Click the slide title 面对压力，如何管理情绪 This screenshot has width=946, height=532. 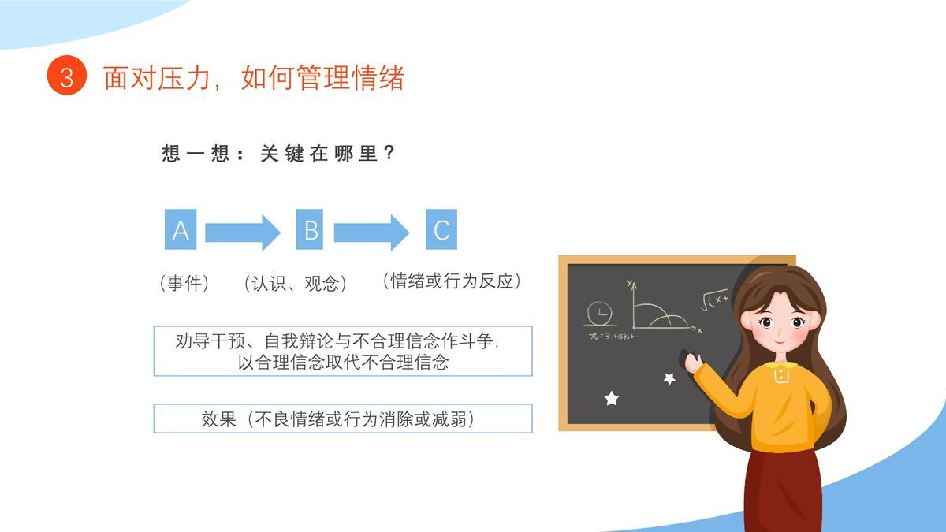point(253,78)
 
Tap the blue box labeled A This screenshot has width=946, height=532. point(181,229)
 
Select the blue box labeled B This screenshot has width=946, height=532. point(311,229)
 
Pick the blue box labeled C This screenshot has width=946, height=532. point(441,229)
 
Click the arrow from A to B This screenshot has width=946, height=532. point(242,233)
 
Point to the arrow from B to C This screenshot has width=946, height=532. point(371,233)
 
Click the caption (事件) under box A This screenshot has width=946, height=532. point(184,283)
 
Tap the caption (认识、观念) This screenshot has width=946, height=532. point(296,283)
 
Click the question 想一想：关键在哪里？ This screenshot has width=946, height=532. point(278,154)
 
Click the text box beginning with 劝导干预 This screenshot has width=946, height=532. point(342,351)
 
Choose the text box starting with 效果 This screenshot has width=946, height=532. point(342,419)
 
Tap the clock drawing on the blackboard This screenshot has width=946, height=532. point(598,314)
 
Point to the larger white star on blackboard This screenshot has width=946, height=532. point(612,399)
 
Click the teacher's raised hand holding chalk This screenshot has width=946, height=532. point(692,363)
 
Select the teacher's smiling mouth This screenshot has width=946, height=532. point(780,339)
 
